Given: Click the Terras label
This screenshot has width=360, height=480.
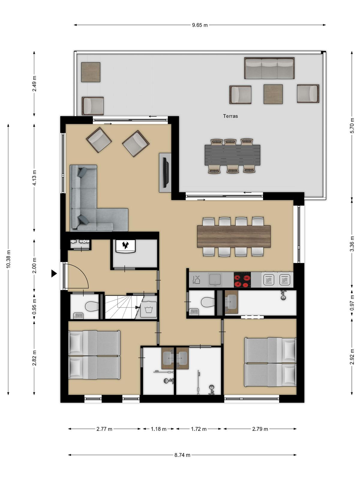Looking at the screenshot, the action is click(x=230, y=116).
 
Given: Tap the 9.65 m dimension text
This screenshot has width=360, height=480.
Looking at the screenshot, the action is click(x=200, y=25).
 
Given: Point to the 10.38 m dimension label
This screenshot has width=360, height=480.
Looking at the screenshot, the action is click(x=8, y=259).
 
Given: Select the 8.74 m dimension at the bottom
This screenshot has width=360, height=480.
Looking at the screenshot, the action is click(x=182, y=455).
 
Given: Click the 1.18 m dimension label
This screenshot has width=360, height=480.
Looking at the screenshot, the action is click(x=158, y=429).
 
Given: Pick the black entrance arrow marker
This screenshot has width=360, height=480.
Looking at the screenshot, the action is click(x=54, y=273).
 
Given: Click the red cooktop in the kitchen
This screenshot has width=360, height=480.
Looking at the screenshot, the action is click(x=242, y=280).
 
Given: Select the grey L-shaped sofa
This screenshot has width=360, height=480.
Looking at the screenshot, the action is click(x=99, y=198).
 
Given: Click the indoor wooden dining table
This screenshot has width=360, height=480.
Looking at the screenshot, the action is click(x=234, y=236).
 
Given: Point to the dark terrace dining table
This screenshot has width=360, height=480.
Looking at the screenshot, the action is click(x=232, y=155).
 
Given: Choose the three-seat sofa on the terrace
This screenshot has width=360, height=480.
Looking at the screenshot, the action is click(x=269, y=68).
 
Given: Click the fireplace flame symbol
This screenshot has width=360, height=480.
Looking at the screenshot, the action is click(x=125, y=245).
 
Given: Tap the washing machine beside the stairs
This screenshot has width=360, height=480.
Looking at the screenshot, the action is click(x=148, y=309).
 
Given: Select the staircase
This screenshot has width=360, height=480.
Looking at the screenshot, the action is click(x=124, y=307).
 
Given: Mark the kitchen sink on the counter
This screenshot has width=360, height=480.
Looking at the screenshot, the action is click(x=215, y=280).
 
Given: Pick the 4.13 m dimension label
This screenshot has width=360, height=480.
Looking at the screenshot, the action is click(x=34, y=178).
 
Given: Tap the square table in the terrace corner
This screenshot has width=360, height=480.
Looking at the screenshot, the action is click(x=91, y=72).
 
